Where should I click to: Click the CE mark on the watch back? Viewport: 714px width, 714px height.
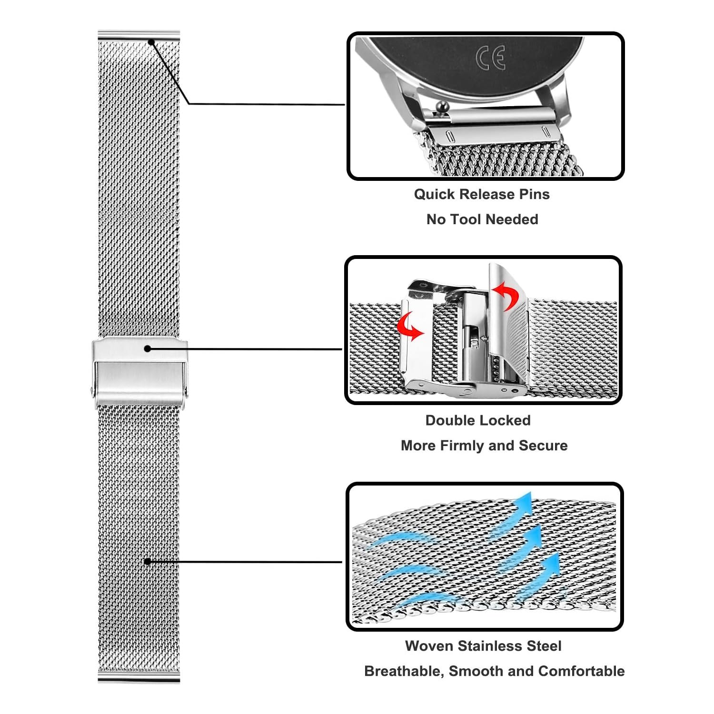[490, 58]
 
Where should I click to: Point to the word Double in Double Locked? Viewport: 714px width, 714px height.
[447, 420]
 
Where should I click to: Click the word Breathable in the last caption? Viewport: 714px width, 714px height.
[404, 671]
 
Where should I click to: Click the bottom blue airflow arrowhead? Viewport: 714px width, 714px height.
[552, 564]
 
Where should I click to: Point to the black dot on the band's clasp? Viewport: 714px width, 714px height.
[148, 349]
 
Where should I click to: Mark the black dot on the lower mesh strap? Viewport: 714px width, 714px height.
[148, 562]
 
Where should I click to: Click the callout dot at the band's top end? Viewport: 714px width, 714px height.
[151, 42]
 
